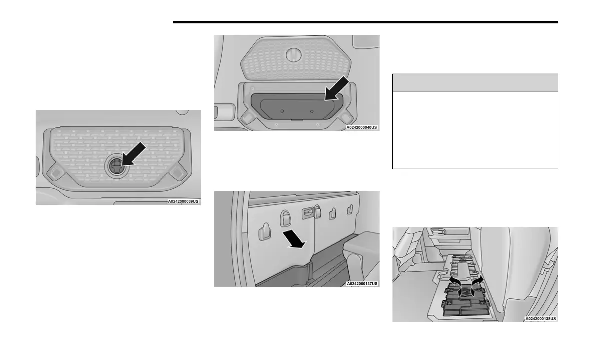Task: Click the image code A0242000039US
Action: pyautogui.click(x=183, y=201)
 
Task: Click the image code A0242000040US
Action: pyautogui.click(x=362, y=127)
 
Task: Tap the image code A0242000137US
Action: pyautogui.click(x=362, y=283)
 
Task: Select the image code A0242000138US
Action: pyautogui.click(x=540, y=318)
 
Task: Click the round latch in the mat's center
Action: pyautogui.click(x=115, y=166)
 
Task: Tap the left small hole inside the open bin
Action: pyautogui.click(x=282, y=110)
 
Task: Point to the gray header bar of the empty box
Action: pyautogui.click(x=475, y=82)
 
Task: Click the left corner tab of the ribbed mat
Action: pyautogui.click(x=56, y=171)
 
